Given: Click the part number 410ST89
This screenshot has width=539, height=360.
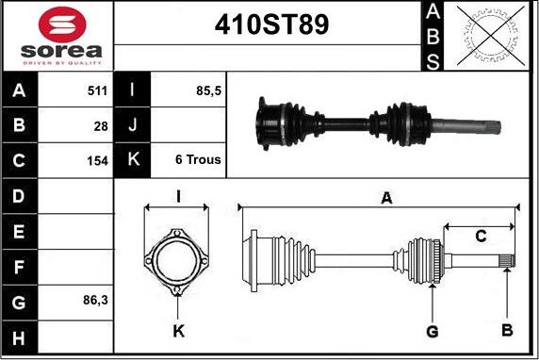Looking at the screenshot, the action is point(271,25).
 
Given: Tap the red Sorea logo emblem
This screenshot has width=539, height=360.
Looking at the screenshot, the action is point(62,25).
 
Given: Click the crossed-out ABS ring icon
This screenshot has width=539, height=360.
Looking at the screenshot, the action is point(491,36).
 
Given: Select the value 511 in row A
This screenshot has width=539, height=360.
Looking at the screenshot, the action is point(97,90).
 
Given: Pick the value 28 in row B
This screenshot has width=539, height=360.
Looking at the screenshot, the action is point(101,126).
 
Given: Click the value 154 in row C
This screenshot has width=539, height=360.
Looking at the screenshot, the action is point(97,160).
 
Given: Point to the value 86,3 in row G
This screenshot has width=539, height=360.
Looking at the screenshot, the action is point(95,301).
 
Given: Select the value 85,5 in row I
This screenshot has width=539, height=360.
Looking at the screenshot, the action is point(208,90).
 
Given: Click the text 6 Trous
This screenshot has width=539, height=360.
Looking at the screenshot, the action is point(198,159).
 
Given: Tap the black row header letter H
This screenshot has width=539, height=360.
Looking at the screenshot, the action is point(19,338).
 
